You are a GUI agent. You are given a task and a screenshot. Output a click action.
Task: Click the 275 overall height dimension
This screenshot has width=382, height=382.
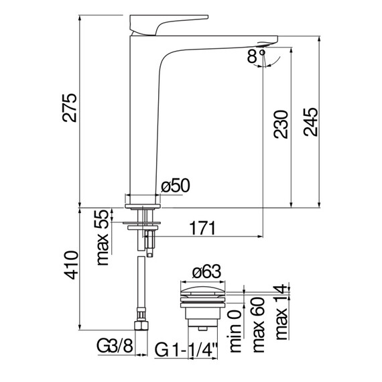coord(70,107)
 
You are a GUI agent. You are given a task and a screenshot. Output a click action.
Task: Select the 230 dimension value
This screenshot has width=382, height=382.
coord(281,125)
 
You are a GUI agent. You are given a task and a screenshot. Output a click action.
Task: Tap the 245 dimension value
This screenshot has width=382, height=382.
coord(310,122)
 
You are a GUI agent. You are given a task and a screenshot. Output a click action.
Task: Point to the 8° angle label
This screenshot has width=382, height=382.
coord(256,56)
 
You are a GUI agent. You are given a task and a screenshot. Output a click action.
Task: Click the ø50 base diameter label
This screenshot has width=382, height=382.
coord(175,186)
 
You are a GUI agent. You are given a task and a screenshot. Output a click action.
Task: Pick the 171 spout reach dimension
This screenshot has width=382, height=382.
coord(202,228)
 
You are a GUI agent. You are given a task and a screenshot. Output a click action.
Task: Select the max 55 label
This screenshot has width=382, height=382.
coord(103,237)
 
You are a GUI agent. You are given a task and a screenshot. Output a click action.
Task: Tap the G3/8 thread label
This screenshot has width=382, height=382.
coord(115,346)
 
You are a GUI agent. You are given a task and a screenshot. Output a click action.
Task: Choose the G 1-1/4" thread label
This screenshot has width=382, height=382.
coord(186,350)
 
